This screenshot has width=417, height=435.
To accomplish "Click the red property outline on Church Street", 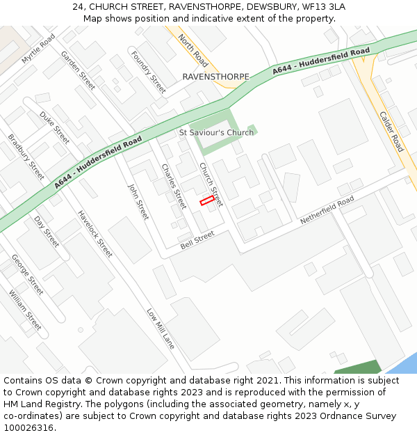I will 206,200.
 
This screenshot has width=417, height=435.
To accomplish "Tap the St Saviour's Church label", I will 216,132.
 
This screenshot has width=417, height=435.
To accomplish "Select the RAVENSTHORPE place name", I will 215,77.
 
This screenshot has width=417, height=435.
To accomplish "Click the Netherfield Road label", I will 327,209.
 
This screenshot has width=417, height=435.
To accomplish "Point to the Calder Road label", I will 391,132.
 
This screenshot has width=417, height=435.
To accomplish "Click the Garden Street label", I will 78,70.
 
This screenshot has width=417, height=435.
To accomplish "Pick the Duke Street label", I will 54,127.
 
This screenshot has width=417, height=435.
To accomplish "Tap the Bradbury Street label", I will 26,157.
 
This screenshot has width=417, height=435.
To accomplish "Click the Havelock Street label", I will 95,234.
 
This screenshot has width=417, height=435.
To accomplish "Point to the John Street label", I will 138,201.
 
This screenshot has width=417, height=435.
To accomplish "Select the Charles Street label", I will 174,186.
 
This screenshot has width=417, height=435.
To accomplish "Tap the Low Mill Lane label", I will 161,329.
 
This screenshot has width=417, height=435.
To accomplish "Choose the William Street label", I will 25,310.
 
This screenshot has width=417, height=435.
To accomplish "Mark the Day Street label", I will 47,231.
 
